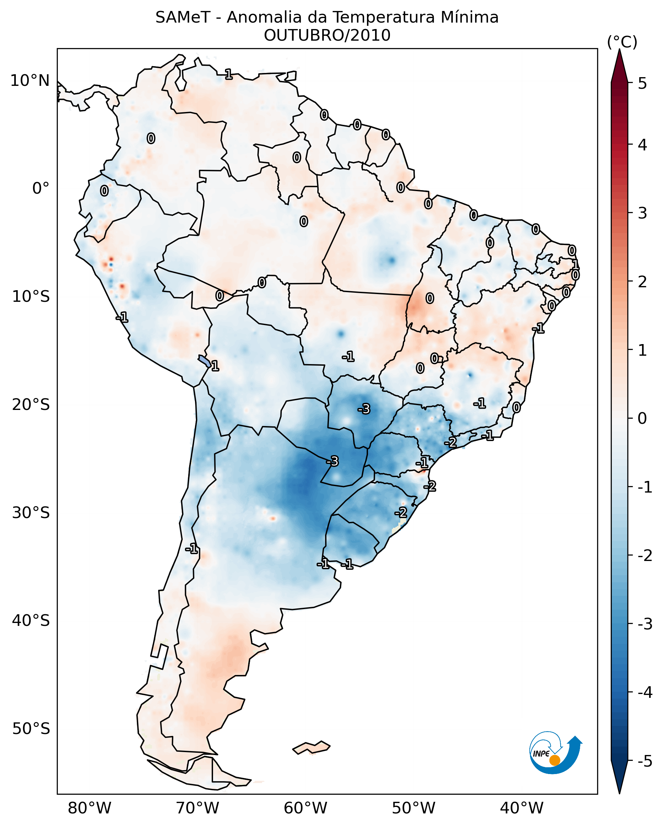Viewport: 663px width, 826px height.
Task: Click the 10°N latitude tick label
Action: tap(30, 81)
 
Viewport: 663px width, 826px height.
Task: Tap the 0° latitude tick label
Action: tap(41, 189)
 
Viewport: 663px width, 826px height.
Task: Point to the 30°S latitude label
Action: tap(31, 513)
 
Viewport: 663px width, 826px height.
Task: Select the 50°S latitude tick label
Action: tap(31, 729)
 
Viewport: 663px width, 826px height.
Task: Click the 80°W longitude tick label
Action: tap(89, 808)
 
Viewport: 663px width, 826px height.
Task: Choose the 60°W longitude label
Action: tap(305, 808)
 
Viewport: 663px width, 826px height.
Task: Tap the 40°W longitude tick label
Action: tap(522, 808)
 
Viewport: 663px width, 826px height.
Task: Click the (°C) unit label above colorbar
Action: tap(622, 42)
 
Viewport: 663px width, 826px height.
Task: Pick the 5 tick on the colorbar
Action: tap(642, 83)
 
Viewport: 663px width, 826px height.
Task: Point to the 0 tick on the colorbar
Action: tap(642, 418)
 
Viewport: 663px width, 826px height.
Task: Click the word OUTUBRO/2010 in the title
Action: tap(327, 35)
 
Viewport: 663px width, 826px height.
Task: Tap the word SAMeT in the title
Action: tap(183, 18)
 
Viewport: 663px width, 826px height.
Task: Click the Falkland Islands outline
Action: tap(311, 748)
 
